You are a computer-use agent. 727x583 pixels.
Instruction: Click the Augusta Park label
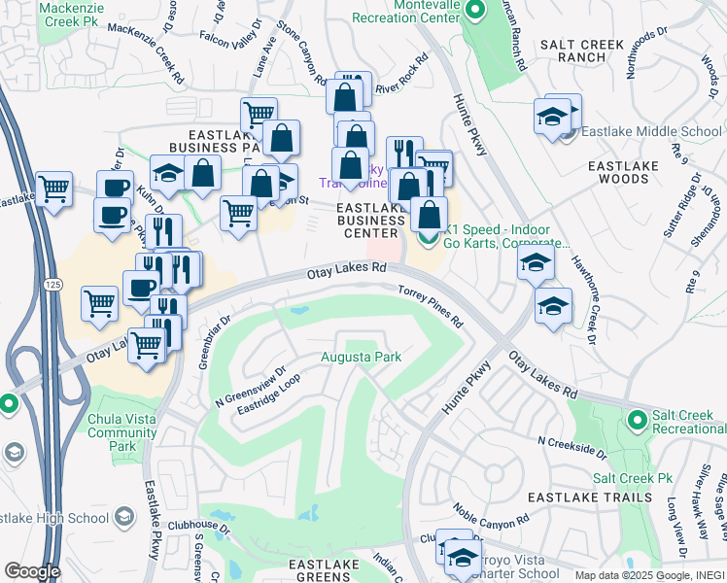(x=362, y=358)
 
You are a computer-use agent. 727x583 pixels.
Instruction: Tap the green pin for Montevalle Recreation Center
(x=475, y=12)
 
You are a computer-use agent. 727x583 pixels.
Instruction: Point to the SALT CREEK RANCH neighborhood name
(x=581, y=52)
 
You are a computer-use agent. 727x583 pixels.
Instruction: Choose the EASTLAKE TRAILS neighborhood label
(x=589, y=497)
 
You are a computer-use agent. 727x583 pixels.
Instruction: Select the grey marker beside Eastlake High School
(x=124, y=518)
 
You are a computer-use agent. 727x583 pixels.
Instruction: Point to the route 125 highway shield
(x=54, y=283)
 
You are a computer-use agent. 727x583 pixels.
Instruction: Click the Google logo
(x=32, y=571)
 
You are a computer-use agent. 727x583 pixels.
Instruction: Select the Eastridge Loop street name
(x=269, y=401)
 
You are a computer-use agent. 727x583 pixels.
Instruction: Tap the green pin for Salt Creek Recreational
(x=638, y=420)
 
